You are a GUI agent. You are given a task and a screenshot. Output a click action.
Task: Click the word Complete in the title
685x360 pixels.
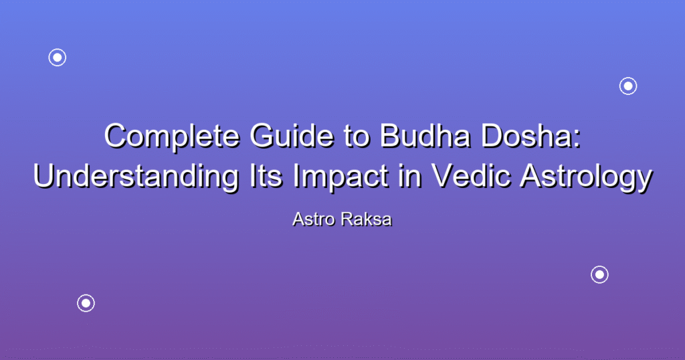pos(172,137)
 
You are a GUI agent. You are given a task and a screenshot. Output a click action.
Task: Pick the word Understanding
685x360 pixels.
pos(136,177)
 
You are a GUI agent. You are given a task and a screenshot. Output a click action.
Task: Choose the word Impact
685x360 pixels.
pos(340,177)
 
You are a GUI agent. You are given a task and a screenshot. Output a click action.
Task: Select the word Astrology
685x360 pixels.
pos(586,177)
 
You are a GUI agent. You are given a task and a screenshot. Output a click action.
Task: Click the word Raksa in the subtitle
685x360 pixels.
pos(367,219)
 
